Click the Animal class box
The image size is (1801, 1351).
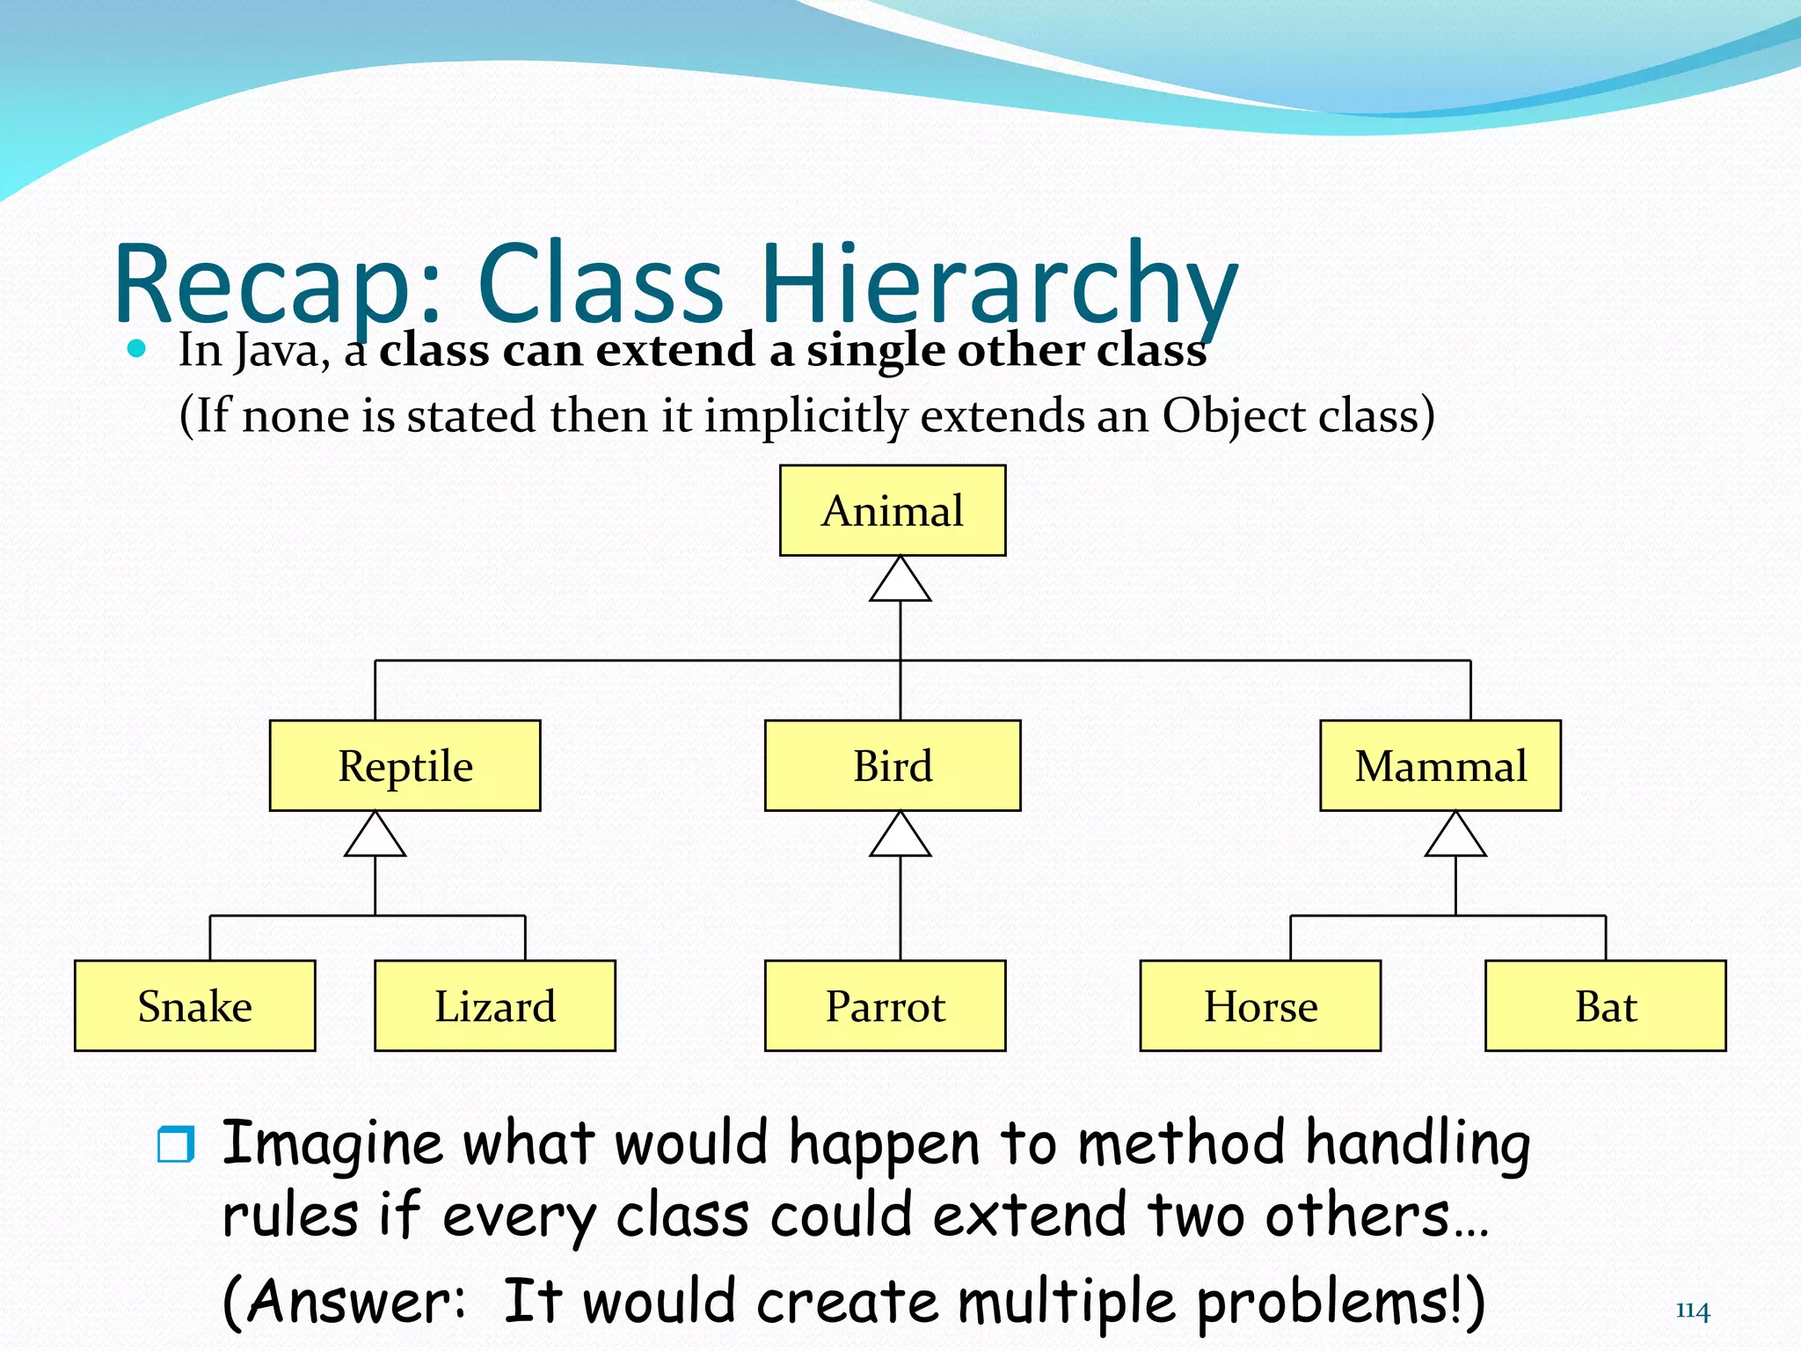[893, 511]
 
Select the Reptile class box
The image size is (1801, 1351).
[405, 766]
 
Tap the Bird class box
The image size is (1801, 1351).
[893, 766]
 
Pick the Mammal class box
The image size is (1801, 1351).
[1440, 766]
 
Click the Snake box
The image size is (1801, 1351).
[195, 1006]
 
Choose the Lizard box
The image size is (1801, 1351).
[495, 1006]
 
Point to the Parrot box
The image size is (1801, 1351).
[886, 1006]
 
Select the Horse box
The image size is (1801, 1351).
[1260, 1006]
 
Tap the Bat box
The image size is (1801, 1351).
[1606, 1006]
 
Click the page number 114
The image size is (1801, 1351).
[1693, 1311]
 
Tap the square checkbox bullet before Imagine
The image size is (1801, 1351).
[176, 1144]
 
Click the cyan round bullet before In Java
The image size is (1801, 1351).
[136, 349]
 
